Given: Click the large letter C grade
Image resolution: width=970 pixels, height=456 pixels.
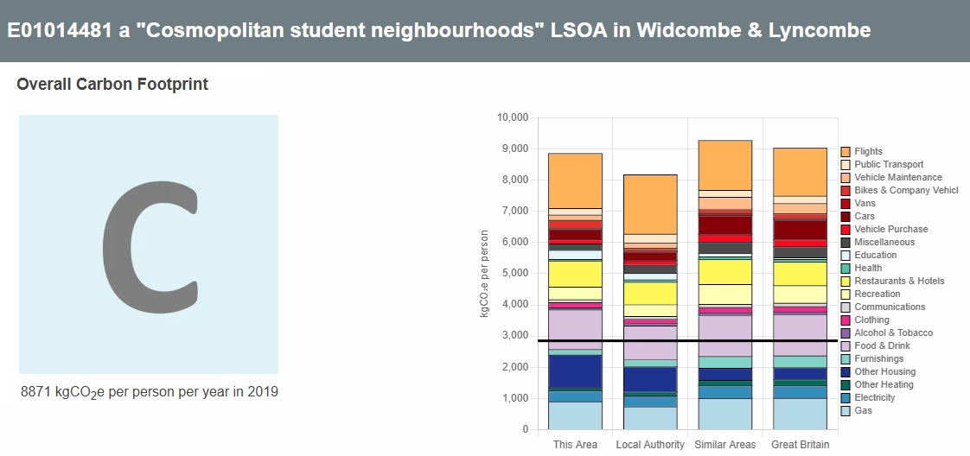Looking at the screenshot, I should (x=149, y=244).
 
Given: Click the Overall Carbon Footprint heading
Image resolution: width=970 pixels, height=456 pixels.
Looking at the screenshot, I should (x=112, y=85).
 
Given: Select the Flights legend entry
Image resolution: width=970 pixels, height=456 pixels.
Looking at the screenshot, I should (x=868, y=152).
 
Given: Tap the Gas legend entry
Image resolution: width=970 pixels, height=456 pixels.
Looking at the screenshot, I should (x=863, y=411).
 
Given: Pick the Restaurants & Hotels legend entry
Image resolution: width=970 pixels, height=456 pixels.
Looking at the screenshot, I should (x=898, y=282).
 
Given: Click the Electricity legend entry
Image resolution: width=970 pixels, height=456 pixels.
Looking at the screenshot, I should (x=874, y=398).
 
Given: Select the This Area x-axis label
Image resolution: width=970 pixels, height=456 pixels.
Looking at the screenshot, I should (x=575, y=445).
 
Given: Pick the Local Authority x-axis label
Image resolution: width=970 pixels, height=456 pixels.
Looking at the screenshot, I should (x=650, y=445).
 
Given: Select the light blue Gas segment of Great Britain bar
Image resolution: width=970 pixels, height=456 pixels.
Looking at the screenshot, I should (x=800, y=414).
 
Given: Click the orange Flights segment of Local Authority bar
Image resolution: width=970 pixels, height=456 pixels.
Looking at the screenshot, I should (x=650, y=204).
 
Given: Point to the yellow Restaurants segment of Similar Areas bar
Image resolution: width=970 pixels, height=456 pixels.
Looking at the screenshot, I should (x=724, y=271).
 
